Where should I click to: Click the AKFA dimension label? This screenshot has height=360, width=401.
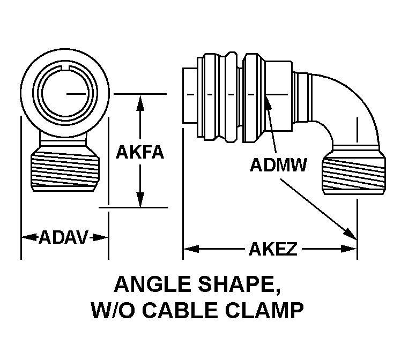click(139, 152)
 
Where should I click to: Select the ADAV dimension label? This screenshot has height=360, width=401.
click(64, 237)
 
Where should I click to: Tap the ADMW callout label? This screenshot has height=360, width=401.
click(278, 165)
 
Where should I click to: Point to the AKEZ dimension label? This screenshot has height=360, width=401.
click(273, 249)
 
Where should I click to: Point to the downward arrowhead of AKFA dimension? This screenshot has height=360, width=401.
click(140, 199)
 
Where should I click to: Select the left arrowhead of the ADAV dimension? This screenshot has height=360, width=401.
click(29, 237)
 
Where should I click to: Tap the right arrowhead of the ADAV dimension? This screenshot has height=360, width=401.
click(100, 237)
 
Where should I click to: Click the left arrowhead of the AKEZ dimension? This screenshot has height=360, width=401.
click(191, 249)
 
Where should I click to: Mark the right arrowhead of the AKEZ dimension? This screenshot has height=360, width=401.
click(348, 249)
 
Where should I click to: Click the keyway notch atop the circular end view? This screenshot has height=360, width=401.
click(65, 67)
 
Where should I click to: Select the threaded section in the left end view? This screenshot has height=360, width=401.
click(65, 171)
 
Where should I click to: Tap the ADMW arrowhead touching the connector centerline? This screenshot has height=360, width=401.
click(268, 102)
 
